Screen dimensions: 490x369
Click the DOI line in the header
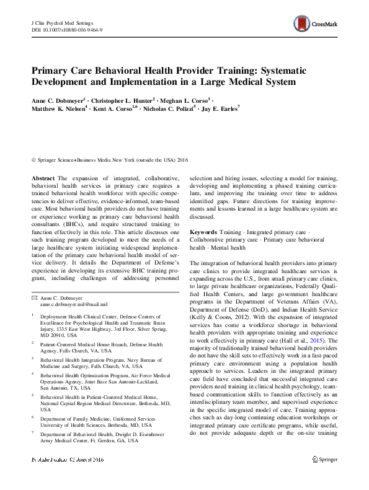(x=66, y=29)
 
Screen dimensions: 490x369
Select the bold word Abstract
(x=43, y=178)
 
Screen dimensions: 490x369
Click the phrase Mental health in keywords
(x=212, y=248)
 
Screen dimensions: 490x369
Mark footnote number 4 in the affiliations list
(x=33, y=374)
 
